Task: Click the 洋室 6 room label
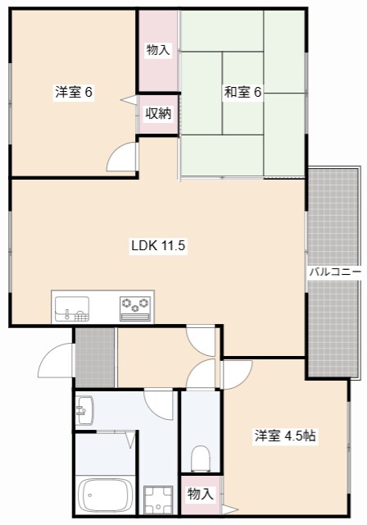click(x=74, y=93)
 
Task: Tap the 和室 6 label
click(x=242, y=93)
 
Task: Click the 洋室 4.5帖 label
click(x=284, y=436)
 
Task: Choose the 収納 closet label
click(x=158, y=113)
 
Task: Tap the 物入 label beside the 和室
click(x=158, y=51)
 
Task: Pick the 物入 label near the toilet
click(x=200, y=494)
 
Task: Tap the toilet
click(x=200, y=456)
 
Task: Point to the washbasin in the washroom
click(x=85, y=407)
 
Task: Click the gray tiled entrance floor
click(x=95, y=357)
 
